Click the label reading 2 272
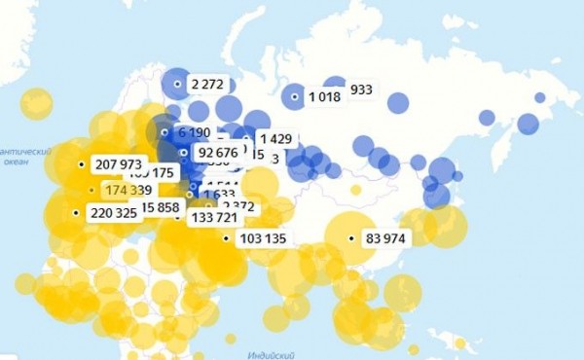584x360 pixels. (x=208, y=85)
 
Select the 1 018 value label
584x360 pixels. (x=327, y=96)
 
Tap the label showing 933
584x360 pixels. (x=361, y=90)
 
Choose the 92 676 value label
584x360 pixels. (x=216, y=152)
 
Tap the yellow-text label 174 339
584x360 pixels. (x=128, y=189)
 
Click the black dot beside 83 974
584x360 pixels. (x=354, y=237)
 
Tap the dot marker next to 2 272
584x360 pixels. (x=177, y=85)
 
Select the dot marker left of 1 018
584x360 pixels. (x=296, y=96)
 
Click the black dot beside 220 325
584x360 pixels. (x=76, y=212)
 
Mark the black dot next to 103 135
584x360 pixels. (x=226, y=238)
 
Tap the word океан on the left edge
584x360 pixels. (x=16, y=163)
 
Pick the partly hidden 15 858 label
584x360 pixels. (x=160, y=206)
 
